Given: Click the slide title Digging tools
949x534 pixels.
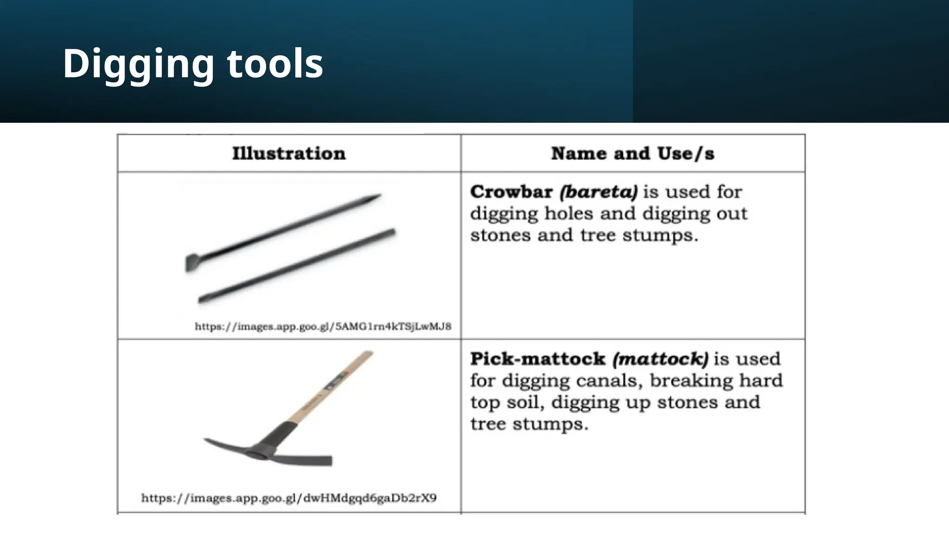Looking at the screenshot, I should (x=193, y=64).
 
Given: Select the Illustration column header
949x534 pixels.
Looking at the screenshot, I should (x=289, y=154).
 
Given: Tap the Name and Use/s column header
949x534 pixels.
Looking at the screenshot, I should (x=633, y=154).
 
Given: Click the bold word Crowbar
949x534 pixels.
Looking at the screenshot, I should (x=511, y=192).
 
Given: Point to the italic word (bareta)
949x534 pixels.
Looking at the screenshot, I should (x=598, y=192).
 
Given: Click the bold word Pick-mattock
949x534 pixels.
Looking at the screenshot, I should (x=538, y=359).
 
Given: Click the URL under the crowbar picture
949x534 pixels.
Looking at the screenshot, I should (x=323, y=326).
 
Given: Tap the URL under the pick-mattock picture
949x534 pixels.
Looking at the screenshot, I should (x=289, y=498).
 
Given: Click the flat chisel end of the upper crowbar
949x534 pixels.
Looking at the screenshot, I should (x=191, y=262).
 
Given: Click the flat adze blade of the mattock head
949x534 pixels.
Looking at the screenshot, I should (x=320, y=460).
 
